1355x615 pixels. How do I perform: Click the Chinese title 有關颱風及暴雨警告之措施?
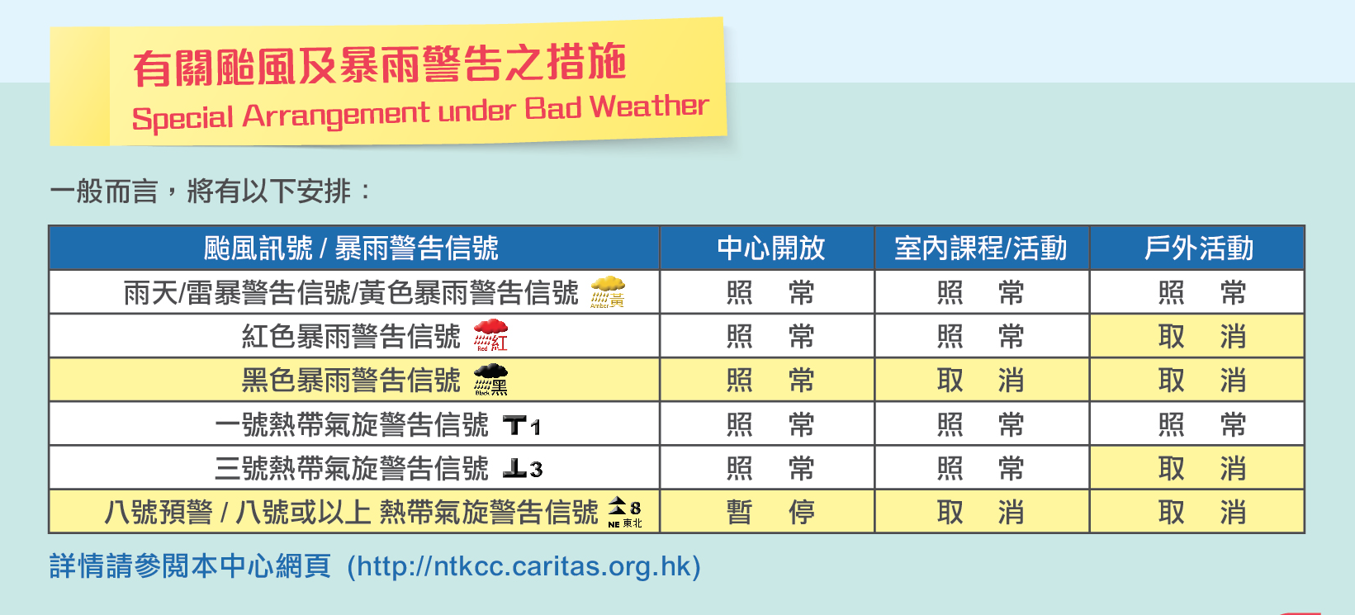(x=379, y=64)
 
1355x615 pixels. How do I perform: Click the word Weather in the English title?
(x=648, y=106)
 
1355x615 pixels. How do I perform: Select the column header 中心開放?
(x=770, y=248)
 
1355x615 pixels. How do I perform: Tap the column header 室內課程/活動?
(x=981, y=248)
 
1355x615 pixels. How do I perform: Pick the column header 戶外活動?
(x=1198, y=248)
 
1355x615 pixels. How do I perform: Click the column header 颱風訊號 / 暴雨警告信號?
(x=351, y=248)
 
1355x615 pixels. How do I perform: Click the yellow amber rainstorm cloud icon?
(x=608, y=292)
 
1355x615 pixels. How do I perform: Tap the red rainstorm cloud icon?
(x=490, y=336)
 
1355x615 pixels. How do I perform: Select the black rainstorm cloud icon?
(x=490, y=380)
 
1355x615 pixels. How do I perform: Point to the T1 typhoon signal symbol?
(x=521, y=425)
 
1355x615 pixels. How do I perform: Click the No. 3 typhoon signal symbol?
(x=523, y=469)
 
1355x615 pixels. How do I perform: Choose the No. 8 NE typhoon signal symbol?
(x=625, y=512)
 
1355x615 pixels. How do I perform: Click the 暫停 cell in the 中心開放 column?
(x=770, y=512)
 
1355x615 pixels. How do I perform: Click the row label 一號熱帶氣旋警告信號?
(x=352, y=424)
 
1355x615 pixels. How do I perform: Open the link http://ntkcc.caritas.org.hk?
(x=524, y=566)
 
